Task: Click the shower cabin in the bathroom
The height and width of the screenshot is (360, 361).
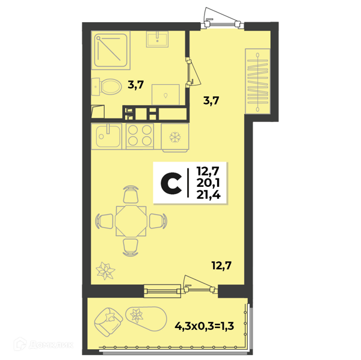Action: (x=111, y=50)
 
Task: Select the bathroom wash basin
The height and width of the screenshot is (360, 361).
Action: (x=157, y=39)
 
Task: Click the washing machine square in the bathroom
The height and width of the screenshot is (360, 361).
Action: (x=165, y=94)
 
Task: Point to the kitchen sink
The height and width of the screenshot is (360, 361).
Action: (x=106, y=136)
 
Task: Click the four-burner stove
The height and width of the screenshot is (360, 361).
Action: (x=140, y=136)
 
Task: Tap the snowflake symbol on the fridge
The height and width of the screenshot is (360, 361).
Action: (x=175, y=138)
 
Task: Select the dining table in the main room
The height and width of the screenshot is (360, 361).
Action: (x=131, y=221)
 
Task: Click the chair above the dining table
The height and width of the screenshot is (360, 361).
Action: (x=131, y=195)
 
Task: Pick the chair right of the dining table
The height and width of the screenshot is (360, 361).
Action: (x=158, y=221)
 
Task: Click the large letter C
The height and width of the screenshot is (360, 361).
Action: (x=171, y=183)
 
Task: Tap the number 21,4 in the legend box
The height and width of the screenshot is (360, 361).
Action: (x=208, y=195)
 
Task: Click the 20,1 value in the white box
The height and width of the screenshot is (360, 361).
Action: (x=208, y=183)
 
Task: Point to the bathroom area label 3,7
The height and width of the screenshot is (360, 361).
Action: (x=136, y=85)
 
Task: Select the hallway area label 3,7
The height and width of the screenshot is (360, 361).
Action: (x=211, y=100)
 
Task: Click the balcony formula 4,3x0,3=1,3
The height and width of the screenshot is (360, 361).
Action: (x=204, y=326)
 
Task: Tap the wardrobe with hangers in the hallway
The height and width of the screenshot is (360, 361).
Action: (x=258, y=81)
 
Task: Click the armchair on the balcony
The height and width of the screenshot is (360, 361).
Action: (x=108, y=322)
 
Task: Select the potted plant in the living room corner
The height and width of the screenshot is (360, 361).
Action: (x=105, y=270)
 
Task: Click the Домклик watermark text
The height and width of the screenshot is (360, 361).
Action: (x=51, y=345)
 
